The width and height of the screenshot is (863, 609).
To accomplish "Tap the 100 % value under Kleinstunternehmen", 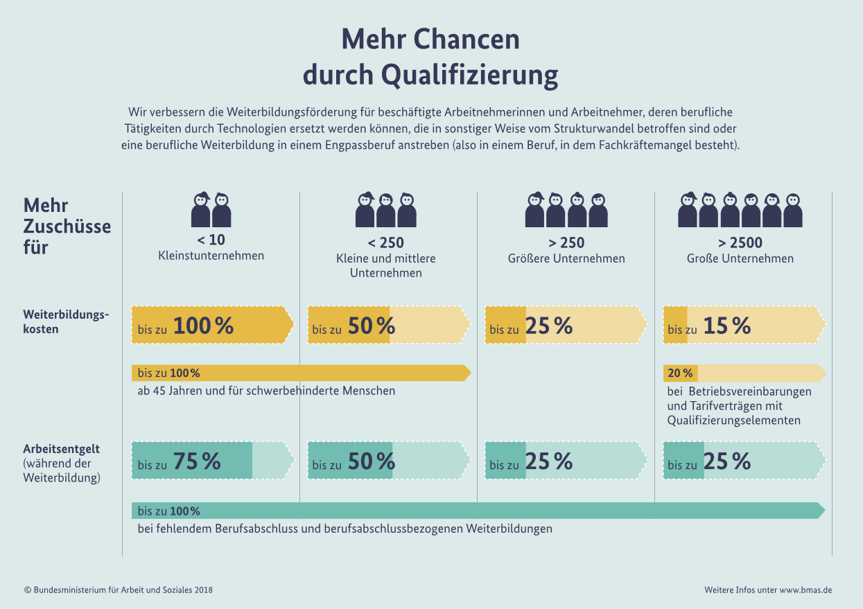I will tap(203, 326).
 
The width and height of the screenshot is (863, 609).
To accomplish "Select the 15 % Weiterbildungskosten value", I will tap(726, 326).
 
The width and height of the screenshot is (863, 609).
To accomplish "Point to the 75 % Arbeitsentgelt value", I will tap(197, 461).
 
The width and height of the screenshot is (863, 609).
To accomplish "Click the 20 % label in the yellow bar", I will tap(680, 373).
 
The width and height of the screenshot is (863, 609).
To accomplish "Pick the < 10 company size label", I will tap(211, 241).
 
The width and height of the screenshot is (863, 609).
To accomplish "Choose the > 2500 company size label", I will tap(740, 242).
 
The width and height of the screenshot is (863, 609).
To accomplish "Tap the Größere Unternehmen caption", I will tap(566, 258).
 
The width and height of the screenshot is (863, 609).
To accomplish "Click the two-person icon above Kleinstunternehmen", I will tap(211, 209).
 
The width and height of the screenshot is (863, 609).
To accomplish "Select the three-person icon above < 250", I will tap(385, 209).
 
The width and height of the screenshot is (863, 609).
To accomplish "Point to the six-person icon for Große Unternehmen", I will tap(740, 209).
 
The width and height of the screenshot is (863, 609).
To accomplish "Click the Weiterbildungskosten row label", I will tap(66, 322).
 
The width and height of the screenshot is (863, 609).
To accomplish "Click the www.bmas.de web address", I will tap(805, 590).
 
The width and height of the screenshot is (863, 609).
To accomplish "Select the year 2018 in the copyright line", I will tap(203, 590).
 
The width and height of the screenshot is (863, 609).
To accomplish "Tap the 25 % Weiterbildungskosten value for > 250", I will tap(549, 326).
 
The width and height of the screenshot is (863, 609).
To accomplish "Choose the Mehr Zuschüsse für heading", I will tap(67, 227).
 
